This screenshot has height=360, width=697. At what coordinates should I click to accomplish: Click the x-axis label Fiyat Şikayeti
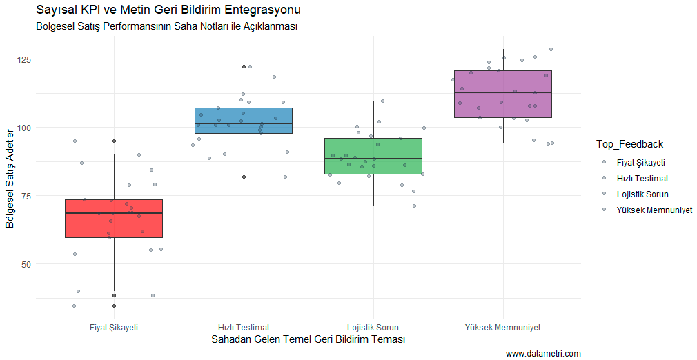[x=114, y=327]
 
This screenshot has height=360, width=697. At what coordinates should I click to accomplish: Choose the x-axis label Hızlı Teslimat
[x=244, y=327]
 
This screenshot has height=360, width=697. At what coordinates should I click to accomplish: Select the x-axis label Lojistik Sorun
[x=373, y=327]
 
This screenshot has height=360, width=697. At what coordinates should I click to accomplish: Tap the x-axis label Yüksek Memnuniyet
[x=502, y=327]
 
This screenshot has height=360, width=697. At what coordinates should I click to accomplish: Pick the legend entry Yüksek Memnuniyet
[x=654, y=210]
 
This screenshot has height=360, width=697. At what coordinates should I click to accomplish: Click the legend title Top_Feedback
[x=630, y=144]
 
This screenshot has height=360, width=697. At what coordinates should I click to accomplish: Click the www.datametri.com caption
[x=543, y=354]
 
